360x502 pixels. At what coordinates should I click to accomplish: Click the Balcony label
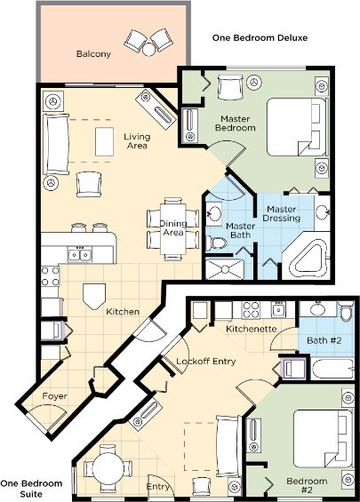coord(93,54)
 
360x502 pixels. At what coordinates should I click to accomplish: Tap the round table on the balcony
coord(149,50)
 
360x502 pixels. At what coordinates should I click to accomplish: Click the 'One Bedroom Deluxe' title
coord(260,38)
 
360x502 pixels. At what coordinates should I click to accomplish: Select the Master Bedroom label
coord(236,124)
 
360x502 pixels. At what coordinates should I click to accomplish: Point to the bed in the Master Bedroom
coord(296,127)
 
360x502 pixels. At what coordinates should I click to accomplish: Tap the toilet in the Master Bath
coord(215,243)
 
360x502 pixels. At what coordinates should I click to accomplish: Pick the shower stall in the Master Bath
coord(225,269)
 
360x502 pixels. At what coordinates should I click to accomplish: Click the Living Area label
coord(137,141)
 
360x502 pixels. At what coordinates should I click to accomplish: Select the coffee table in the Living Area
coord(104,141)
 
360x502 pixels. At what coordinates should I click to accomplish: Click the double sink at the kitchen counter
coord(80,255)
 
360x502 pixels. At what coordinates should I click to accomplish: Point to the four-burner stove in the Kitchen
coord(51,276)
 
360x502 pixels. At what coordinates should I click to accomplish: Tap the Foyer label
coord(55,396)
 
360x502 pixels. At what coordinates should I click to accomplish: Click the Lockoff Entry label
coord(206,362)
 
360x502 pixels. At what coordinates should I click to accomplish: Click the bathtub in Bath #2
coord(332,369)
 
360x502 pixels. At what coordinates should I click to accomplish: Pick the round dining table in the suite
coord(108,468)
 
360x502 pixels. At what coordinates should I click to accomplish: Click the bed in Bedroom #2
coord(323,438)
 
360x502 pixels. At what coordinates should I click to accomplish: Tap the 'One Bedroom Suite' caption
coord(31,489)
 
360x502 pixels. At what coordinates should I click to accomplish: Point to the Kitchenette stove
coord(251,310)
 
